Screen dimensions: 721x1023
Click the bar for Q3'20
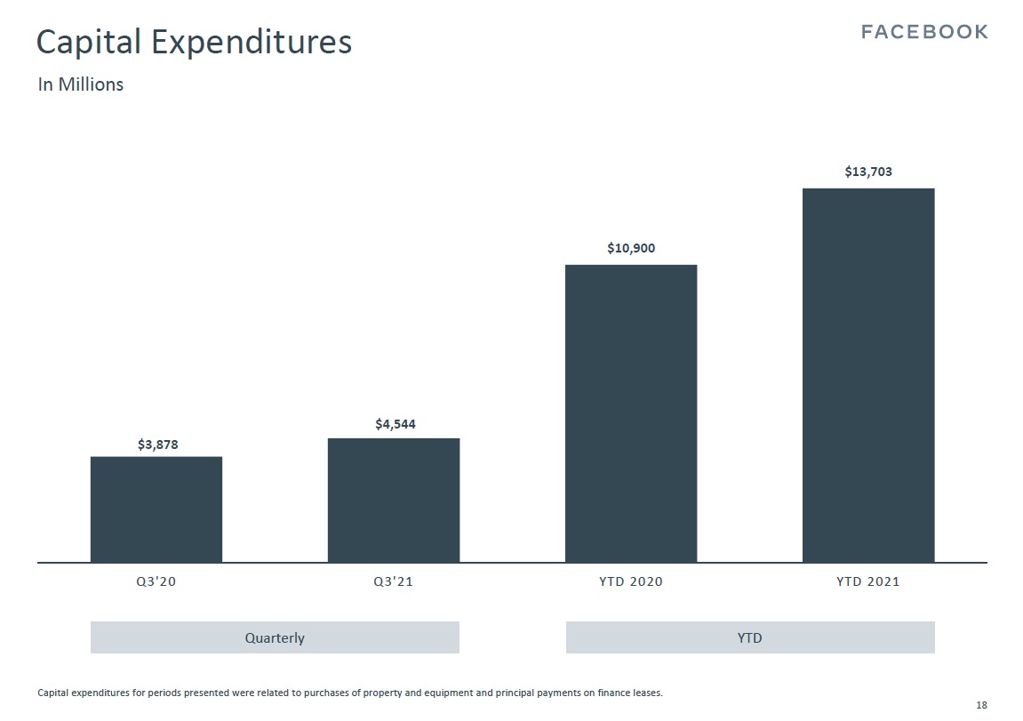156,509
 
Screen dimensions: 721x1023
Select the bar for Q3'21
394,500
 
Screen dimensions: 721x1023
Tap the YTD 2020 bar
631,413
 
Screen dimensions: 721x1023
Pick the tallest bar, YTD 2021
868,375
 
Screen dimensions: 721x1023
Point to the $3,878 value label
157,445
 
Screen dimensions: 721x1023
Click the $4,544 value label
395,425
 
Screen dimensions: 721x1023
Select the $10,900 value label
631,248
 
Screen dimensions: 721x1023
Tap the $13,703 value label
868,172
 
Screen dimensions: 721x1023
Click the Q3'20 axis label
156,582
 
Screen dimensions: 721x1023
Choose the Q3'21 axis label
394,582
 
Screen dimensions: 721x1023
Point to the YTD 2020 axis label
631,582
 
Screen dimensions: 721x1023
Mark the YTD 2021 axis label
868,582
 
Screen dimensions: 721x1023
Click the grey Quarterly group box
275,637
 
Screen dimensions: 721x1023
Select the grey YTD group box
750,637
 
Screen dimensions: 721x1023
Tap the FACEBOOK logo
925,32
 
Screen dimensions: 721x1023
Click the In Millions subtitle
80,84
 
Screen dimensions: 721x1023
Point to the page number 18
981,705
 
